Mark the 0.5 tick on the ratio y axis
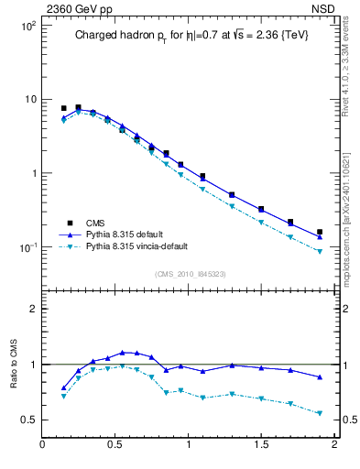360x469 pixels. point(30,420)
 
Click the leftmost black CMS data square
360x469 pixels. point(63,108)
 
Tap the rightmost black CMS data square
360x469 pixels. point(320,232)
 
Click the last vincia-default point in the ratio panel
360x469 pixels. point(320,413)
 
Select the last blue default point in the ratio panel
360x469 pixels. point(320,376)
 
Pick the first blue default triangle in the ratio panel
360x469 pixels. point(63,387)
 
